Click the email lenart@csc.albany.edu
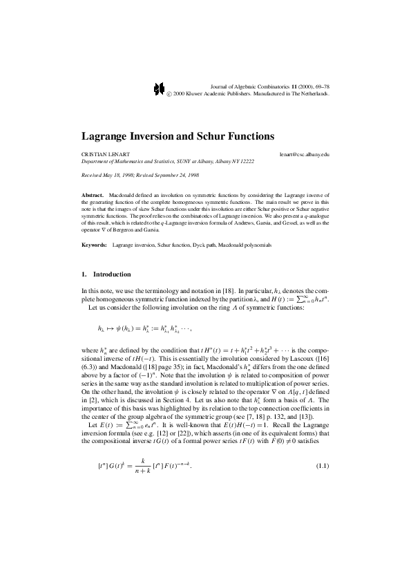(x=305, y=153)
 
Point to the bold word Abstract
(x=92, y=196)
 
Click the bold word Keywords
(x=93, y=245)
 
